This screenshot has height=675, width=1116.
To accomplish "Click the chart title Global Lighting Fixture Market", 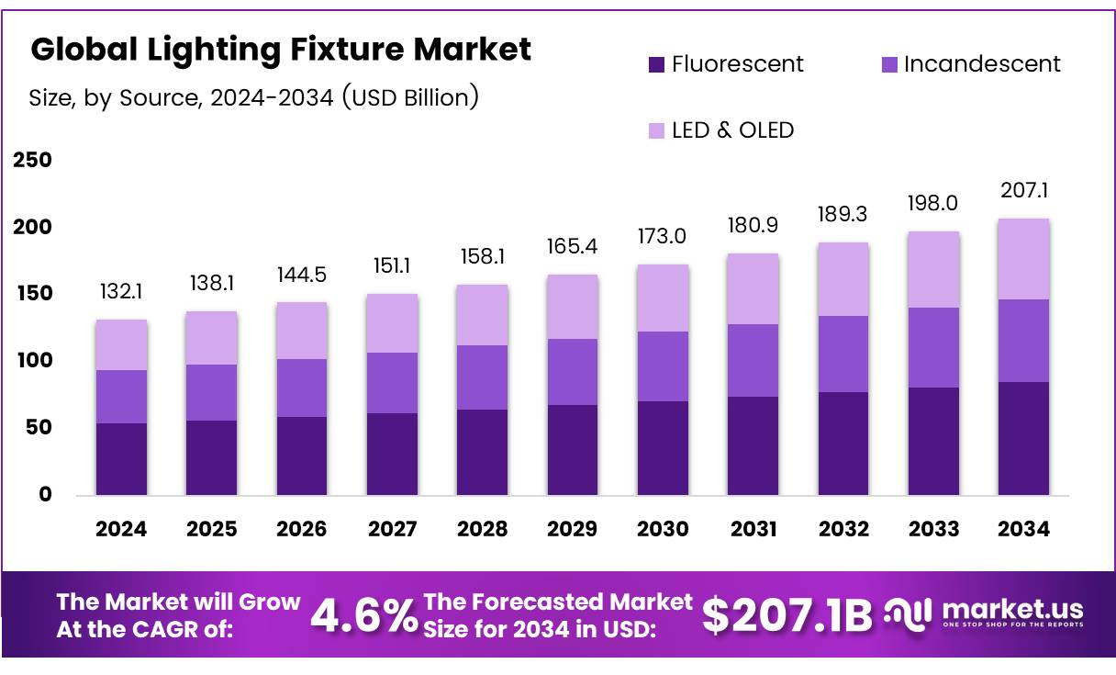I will [281, 50].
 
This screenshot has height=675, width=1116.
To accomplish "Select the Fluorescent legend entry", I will [725, 64].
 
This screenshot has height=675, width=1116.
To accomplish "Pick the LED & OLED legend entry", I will [720, 130].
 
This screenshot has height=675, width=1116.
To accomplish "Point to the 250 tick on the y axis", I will [32, 161].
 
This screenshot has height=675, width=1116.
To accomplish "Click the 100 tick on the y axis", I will [32, 361].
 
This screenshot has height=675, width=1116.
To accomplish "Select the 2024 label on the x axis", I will [121, 529].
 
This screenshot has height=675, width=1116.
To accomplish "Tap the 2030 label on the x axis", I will [663, 529].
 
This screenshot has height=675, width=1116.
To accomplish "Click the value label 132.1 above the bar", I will [121, 292].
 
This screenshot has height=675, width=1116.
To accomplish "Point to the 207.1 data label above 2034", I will [1024, 191].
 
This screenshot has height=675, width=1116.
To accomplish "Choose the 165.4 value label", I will [572, 247].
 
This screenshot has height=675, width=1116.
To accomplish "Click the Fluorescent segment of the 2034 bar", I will [1023, 438].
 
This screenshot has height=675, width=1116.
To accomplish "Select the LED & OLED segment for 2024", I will [121, 345].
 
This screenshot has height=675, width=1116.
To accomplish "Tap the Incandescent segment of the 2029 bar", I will [572, 372].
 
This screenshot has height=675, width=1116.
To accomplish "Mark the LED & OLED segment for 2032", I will [843, 279].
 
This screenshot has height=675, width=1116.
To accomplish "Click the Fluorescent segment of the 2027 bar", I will [392, 454].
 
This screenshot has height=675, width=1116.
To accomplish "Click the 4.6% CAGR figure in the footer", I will [363, 615].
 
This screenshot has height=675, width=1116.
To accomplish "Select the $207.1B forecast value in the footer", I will [787, 615].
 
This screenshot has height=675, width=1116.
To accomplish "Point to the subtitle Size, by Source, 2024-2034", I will [253, 97].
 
